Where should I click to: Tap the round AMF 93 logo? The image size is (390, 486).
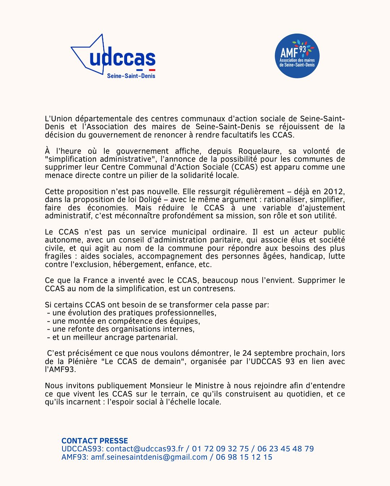point(297,56)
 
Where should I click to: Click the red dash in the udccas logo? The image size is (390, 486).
point(152,70)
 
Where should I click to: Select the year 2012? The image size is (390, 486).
point(334,191)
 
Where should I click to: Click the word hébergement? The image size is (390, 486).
point(138,264)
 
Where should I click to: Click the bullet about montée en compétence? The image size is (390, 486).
point(123,321)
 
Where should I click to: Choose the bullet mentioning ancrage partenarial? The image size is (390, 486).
point(113,337)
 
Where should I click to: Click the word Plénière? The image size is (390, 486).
point(82,361)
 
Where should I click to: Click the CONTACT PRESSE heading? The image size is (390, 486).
point(95,441)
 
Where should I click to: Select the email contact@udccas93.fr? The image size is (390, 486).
point(145,449)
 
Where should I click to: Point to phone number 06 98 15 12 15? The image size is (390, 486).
point(244,457)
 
